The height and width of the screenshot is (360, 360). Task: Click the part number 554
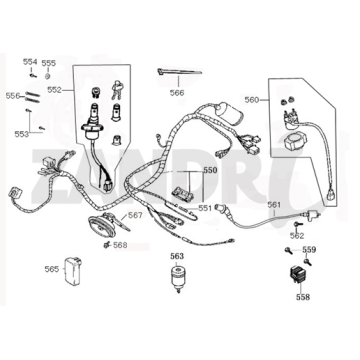(29, 61)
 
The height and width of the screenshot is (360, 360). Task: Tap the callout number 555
(49, 62)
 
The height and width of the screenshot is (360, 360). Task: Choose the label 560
(251, 100)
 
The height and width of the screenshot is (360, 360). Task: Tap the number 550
(209, 171)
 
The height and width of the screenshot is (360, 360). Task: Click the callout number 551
(204, 208)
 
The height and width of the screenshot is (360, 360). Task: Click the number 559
(309, 248)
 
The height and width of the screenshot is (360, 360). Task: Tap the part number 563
(176, 256)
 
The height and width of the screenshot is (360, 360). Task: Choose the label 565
(50, 268)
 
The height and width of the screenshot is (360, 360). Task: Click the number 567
(134, 215)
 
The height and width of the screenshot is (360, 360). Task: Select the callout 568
(120, 244)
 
